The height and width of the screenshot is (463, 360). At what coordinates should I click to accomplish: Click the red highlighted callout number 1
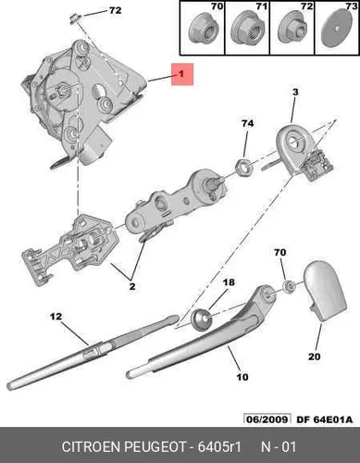click(x=182, y=74)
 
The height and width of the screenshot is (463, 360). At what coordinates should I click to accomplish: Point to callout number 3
click(x=295, y=93)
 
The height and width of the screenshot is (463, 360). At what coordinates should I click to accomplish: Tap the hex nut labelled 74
click(x=244, y=167)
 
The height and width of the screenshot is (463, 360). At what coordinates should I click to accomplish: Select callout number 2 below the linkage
click(x=132, y=286)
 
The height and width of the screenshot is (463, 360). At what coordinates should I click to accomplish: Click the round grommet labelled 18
click(x=202, y=319)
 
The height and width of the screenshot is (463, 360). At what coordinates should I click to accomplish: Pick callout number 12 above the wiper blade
click(x=56, y=317)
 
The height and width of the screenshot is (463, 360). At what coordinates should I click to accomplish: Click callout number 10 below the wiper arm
click(x=242, y=377)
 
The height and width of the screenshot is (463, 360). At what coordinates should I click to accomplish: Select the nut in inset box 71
click(x=245, y=30)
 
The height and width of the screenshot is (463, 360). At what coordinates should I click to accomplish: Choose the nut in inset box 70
click(x=201, y=30)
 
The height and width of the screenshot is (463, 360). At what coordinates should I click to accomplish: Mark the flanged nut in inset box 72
click(x=292, y=30)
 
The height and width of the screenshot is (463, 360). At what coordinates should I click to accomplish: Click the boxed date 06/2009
click(x=267, y=419)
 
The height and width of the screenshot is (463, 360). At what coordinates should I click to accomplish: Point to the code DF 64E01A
click(x=324, y=419)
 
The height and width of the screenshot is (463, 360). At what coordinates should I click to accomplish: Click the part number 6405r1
click(x=218, y=447)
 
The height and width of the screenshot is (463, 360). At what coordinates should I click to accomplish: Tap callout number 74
click(x=248, y=123)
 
